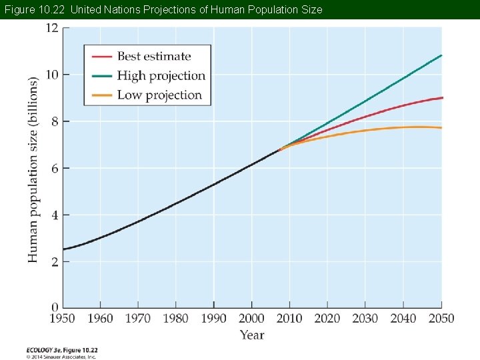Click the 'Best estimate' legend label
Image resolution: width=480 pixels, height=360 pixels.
(153, 57)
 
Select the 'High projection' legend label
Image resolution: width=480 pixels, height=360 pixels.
(161, 75)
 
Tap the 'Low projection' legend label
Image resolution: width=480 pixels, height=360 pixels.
(159, 95)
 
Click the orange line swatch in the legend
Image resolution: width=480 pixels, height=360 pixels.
(101, 95)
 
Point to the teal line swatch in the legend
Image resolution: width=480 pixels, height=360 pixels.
(101, 75)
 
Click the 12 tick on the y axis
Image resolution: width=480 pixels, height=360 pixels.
(52, 28)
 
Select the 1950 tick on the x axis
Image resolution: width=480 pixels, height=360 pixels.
(62, 319)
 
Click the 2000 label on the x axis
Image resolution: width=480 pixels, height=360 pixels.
(251, 319)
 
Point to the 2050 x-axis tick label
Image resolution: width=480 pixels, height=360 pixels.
(440, 319)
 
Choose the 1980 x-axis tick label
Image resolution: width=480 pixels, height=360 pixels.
(175, 319)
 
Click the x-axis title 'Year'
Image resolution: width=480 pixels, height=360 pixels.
(252, 335)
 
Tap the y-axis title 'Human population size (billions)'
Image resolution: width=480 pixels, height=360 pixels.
(33, 169)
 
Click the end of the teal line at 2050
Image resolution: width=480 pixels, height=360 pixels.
(441, 55)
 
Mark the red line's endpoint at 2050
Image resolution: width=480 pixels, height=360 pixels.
(441, 98)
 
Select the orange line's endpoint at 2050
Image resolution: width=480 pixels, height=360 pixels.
(441, 127)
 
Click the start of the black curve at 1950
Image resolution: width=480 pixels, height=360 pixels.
(63, 249)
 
